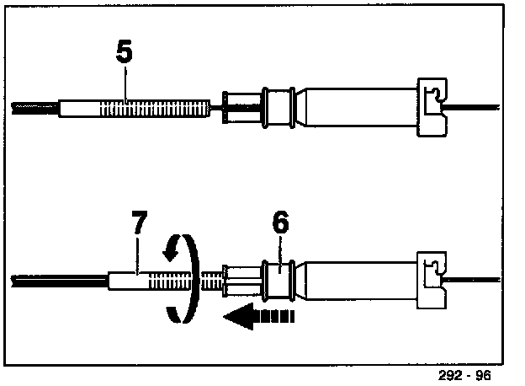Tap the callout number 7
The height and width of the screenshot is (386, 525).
pyautogui.click(x=139, y=225)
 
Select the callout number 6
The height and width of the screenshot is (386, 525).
pyautogui.click(x=280, y=224)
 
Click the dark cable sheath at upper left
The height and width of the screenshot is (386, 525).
pyautogui.click(x=34, y=109)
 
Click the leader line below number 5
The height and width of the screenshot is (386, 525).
pyautogui.click(x=126, y=85)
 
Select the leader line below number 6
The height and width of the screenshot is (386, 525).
pyautogui.click(x=281, y=251)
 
